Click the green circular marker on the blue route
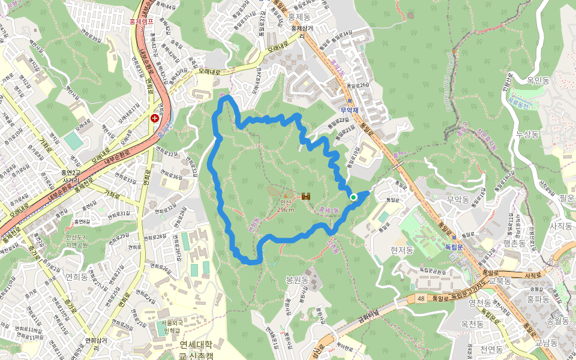(353, 197)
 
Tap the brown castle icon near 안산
(306, 196)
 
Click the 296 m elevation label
(287, 209)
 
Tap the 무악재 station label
(349, 110)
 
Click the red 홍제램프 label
(142, 21)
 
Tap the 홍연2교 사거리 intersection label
(70, 176)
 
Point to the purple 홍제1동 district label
(329, 210)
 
